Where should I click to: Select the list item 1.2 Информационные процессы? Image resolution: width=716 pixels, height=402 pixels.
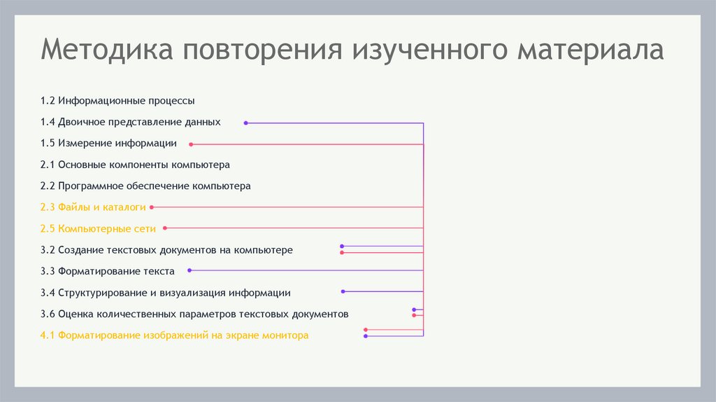[117, 101]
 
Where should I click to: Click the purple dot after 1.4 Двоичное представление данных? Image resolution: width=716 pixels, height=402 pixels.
[245, 123]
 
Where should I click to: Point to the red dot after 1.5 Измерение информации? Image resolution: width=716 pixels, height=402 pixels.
[191, 144]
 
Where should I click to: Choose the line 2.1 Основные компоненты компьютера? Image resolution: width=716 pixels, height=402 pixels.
[135, 165]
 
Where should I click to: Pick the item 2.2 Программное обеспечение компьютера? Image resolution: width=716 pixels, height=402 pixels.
[145, 186]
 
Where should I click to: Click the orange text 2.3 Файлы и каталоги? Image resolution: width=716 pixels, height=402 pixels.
[93, 207]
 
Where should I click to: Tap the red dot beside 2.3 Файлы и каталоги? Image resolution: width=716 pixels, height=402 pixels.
[152, 207]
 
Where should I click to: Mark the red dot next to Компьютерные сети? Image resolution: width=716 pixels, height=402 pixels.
[165, 228]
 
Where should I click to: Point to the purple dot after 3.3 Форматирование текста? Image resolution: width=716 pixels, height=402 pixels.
[189, 270]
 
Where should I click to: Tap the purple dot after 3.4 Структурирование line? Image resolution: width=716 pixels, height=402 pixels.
[343, 291]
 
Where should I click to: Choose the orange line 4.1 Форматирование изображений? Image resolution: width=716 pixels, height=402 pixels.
[174, 335]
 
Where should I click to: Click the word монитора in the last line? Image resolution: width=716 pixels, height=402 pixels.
[285, 335]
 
